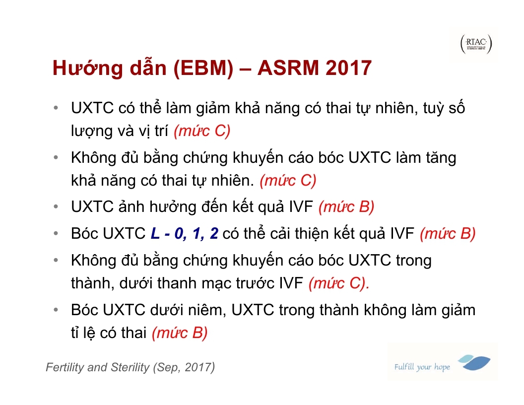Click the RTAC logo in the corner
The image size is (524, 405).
[x=476, y=44]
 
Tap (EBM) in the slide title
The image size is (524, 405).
[x=203, y=68]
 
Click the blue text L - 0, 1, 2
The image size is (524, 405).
[x=185, y=233]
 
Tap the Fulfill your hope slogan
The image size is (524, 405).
[x=422, y=367]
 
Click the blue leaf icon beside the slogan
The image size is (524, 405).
[x=474, y=362]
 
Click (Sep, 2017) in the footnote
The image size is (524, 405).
[x=184, y=368]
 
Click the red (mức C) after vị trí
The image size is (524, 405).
[x=202, y=131]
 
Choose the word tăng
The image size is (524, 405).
[x=441, y=158]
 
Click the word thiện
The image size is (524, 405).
[x=313, y=234]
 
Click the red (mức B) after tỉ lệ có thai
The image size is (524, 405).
[x=180, y=333]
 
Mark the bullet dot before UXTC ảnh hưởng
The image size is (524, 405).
[x=56, y=207]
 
